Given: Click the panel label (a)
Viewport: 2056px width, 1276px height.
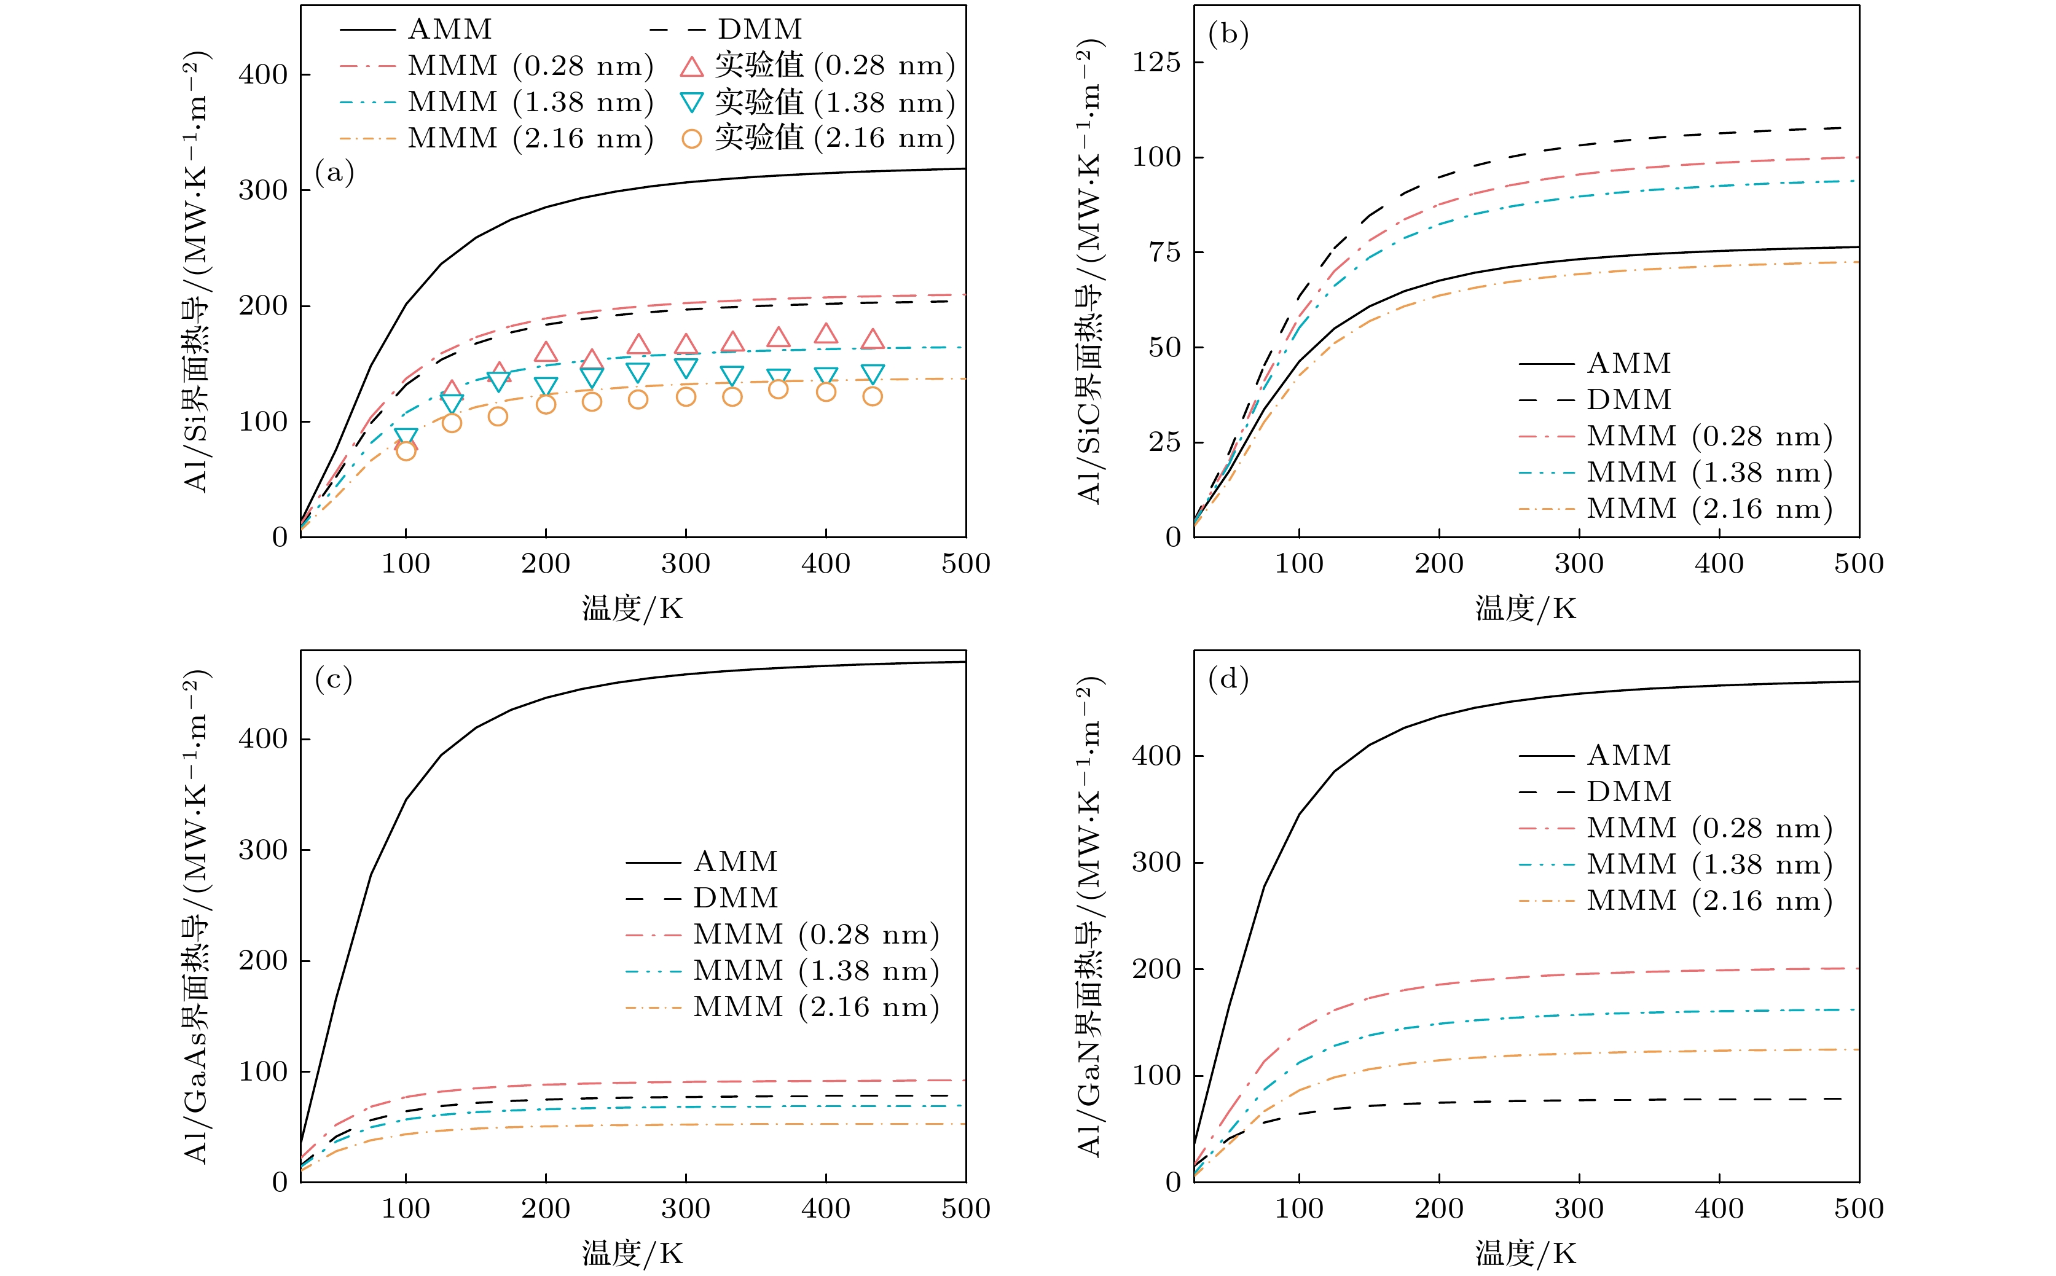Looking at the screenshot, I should [334, 173].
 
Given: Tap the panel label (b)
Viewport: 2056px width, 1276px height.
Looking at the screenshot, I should [1228, 34].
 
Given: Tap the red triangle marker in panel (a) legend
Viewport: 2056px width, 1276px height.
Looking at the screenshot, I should [691, 67].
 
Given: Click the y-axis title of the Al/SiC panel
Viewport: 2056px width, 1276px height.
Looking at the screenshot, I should [1089, 272].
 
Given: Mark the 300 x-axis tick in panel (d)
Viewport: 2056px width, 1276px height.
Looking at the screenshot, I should [1579, 1208].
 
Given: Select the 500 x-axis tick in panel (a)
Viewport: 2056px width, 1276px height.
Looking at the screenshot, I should [965, 564].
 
